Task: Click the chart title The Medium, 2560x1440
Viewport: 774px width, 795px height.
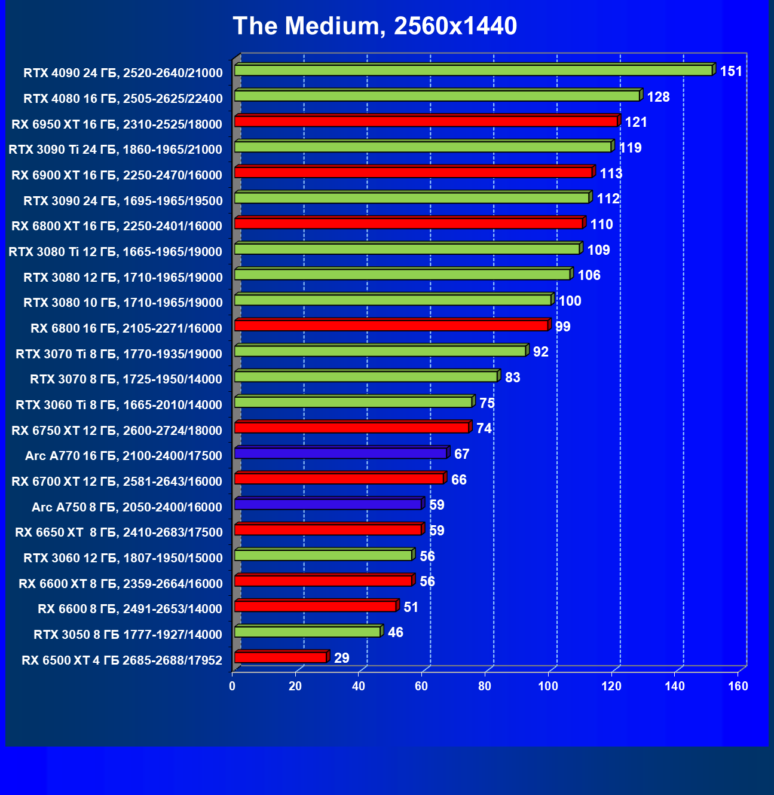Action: pos(375,26)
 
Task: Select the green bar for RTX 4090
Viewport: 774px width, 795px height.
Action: pos(473,71)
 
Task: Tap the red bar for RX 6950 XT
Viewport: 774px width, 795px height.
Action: pos(426,121)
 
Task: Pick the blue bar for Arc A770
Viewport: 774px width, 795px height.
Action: pos(340,453)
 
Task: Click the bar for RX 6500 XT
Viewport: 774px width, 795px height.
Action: pos(280,657)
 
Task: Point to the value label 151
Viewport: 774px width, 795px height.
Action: pos(731,72)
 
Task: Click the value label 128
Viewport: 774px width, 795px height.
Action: pos(658,97)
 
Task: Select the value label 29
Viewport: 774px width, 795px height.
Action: pos(341,659)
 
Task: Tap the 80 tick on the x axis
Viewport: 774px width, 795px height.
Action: pos(485,686)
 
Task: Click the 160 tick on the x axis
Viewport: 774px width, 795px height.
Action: pos(738,686)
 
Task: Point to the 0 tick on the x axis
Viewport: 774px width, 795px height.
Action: pos(232,686)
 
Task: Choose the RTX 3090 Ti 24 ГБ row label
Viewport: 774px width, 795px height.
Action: pos(115,150)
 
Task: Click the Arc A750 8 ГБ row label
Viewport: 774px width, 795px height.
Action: pos(127,507)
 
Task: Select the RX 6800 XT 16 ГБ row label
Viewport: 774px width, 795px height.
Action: pos(117,226)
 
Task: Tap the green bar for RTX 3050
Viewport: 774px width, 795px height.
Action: pos(307,632)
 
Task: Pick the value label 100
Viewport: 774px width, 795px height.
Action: pos(570,301)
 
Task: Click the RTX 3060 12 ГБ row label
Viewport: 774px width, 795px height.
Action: pos(123,558)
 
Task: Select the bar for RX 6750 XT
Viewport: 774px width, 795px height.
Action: pos(351,428)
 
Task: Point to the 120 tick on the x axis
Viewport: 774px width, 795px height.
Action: pos(611,686)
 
